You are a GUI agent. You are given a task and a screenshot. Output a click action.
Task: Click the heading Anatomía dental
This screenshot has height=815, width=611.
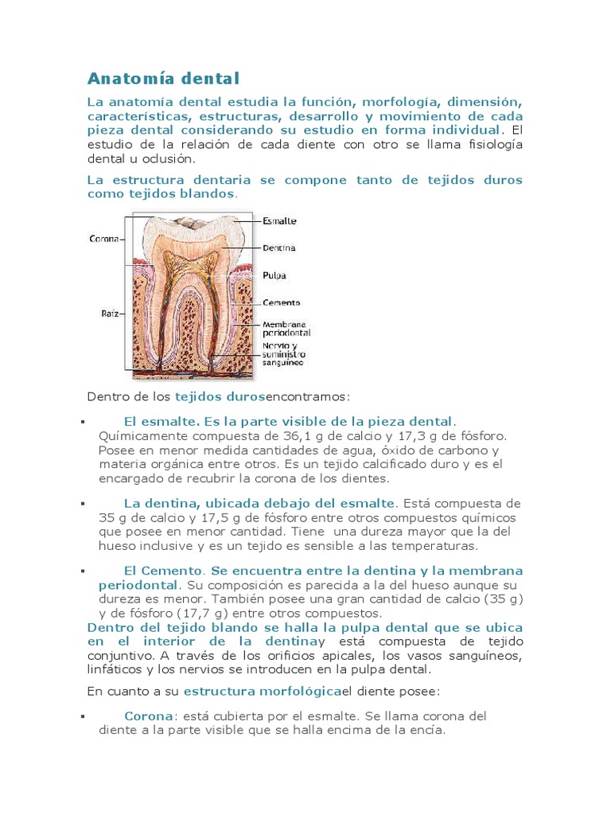click(163, 78)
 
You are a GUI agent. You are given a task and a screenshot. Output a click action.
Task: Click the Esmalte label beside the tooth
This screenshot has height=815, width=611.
click(279, 220)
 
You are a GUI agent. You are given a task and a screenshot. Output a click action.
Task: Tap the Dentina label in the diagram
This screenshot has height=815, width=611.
click(279, 248)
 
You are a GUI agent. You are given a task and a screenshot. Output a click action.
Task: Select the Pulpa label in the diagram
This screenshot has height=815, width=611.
click(274, 275)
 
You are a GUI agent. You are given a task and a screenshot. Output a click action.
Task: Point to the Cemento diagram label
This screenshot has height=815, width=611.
click(281, 303)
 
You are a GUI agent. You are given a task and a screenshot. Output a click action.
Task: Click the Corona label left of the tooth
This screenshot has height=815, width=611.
click(103, 238)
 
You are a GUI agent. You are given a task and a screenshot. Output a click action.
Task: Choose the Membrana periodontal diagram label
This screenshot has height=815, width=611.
click(286, 328)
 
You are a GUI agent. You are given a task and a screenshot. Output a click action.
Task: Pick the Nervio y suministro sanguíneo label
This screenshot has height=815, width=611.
click(284, 354)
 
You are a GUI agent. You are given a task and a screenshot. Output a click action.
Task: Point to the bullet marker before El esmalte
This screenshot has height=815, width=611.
click(82, 421)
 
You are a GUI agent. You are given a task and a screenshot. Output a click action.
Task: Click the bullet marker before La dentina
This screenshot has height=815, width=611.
click(82, 503)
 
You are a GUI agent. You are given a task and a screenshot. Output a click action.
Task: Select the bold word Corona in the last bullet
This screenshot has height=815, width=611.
click(149, 716)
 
